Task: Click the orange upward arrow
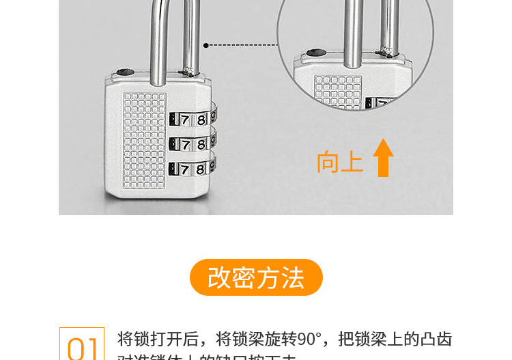click(x=383, y=158)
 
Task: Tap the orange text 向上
click(x=339, y=163)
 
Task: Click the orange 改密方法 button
click(x=256, y=277)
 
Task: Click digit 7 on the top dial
click(x=184, y=120)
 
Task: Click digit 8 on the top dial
click(x=201, y=120)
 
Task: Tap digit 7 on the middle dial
click(x=184, y=144)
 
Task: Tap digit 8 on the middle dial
click(x=201, y=144)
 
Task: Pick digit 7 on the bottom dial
click(x=184, y=169)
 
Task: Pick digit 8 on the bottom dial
click(x=201, y=169)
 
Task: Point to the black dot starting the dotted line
click(x=206, y=46)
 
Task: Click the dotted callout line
click(x=242, y=46)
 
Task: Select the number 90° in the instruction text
click(x=309, y=339)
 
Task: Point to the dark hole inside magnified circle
click(x=313, y=52)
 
